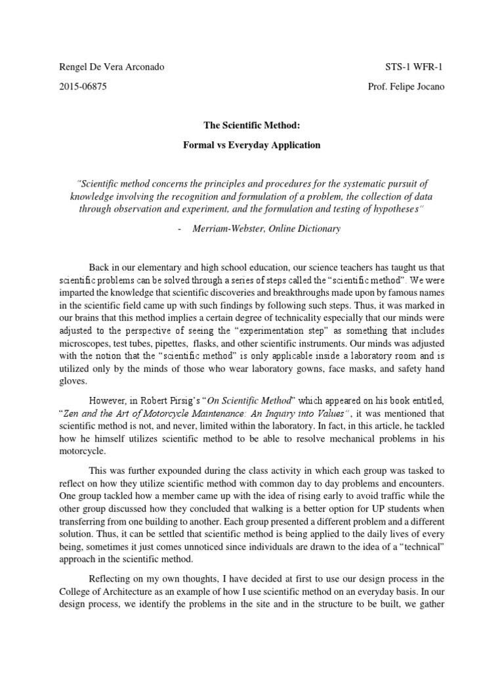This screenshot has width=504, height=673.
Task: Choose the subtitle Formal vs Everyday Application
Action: point(251,145)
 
